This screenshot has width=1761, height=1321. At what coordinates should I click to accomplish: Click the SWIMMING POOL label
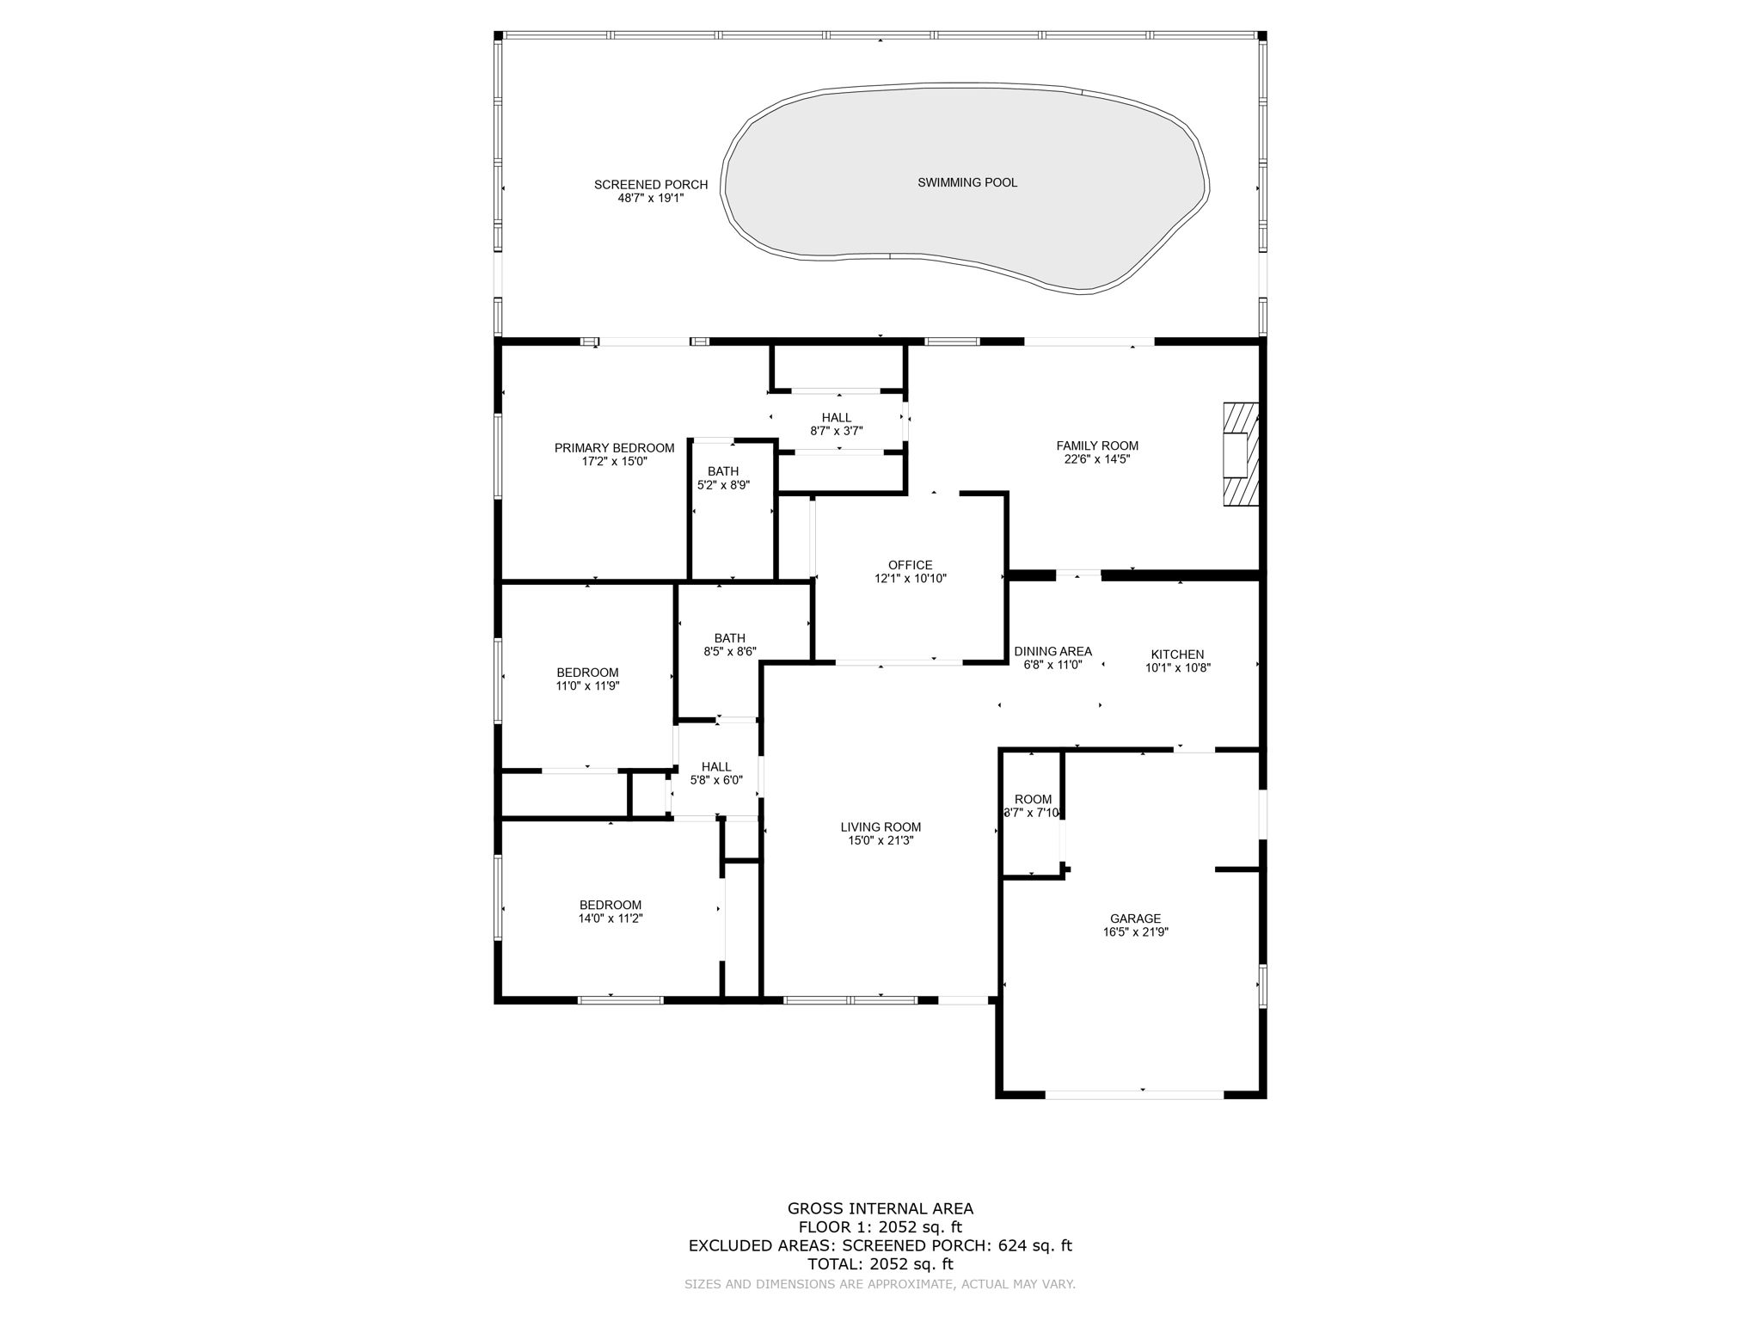966,182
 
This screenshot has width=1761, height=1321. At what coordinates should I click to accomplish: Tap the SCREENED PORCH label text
650,185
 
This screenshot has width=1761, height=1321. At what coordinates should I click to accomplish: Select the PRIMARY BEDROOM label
614,448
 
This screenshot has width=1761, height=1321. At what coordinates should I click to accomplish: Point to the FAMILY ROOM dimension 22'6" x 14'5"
1096,459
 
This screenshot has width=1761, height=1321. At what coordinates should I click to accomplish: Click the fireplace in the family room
1240,453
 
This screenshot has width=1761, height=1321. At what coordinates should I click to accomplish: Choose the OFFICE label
910,565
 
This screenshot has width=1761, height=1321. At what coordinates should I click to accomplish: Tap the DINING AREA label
1052,652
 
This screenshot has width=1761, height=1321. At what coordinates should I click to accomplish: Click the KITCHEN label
1177,654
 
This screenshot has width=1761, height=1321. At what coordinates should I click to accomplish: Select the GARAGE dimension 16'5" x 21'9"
1135,932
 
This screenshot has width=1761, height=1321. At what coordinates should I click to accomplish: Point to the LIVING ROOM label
880,827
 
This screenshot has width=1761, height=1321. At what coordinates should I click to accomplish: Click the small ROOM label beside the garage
1033,800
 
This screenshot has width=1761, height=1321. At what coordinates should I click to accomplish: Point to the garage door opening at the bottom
1134,1095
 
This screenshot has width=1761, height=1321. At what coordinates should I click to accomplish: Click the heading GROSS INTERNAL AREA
880,1208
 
